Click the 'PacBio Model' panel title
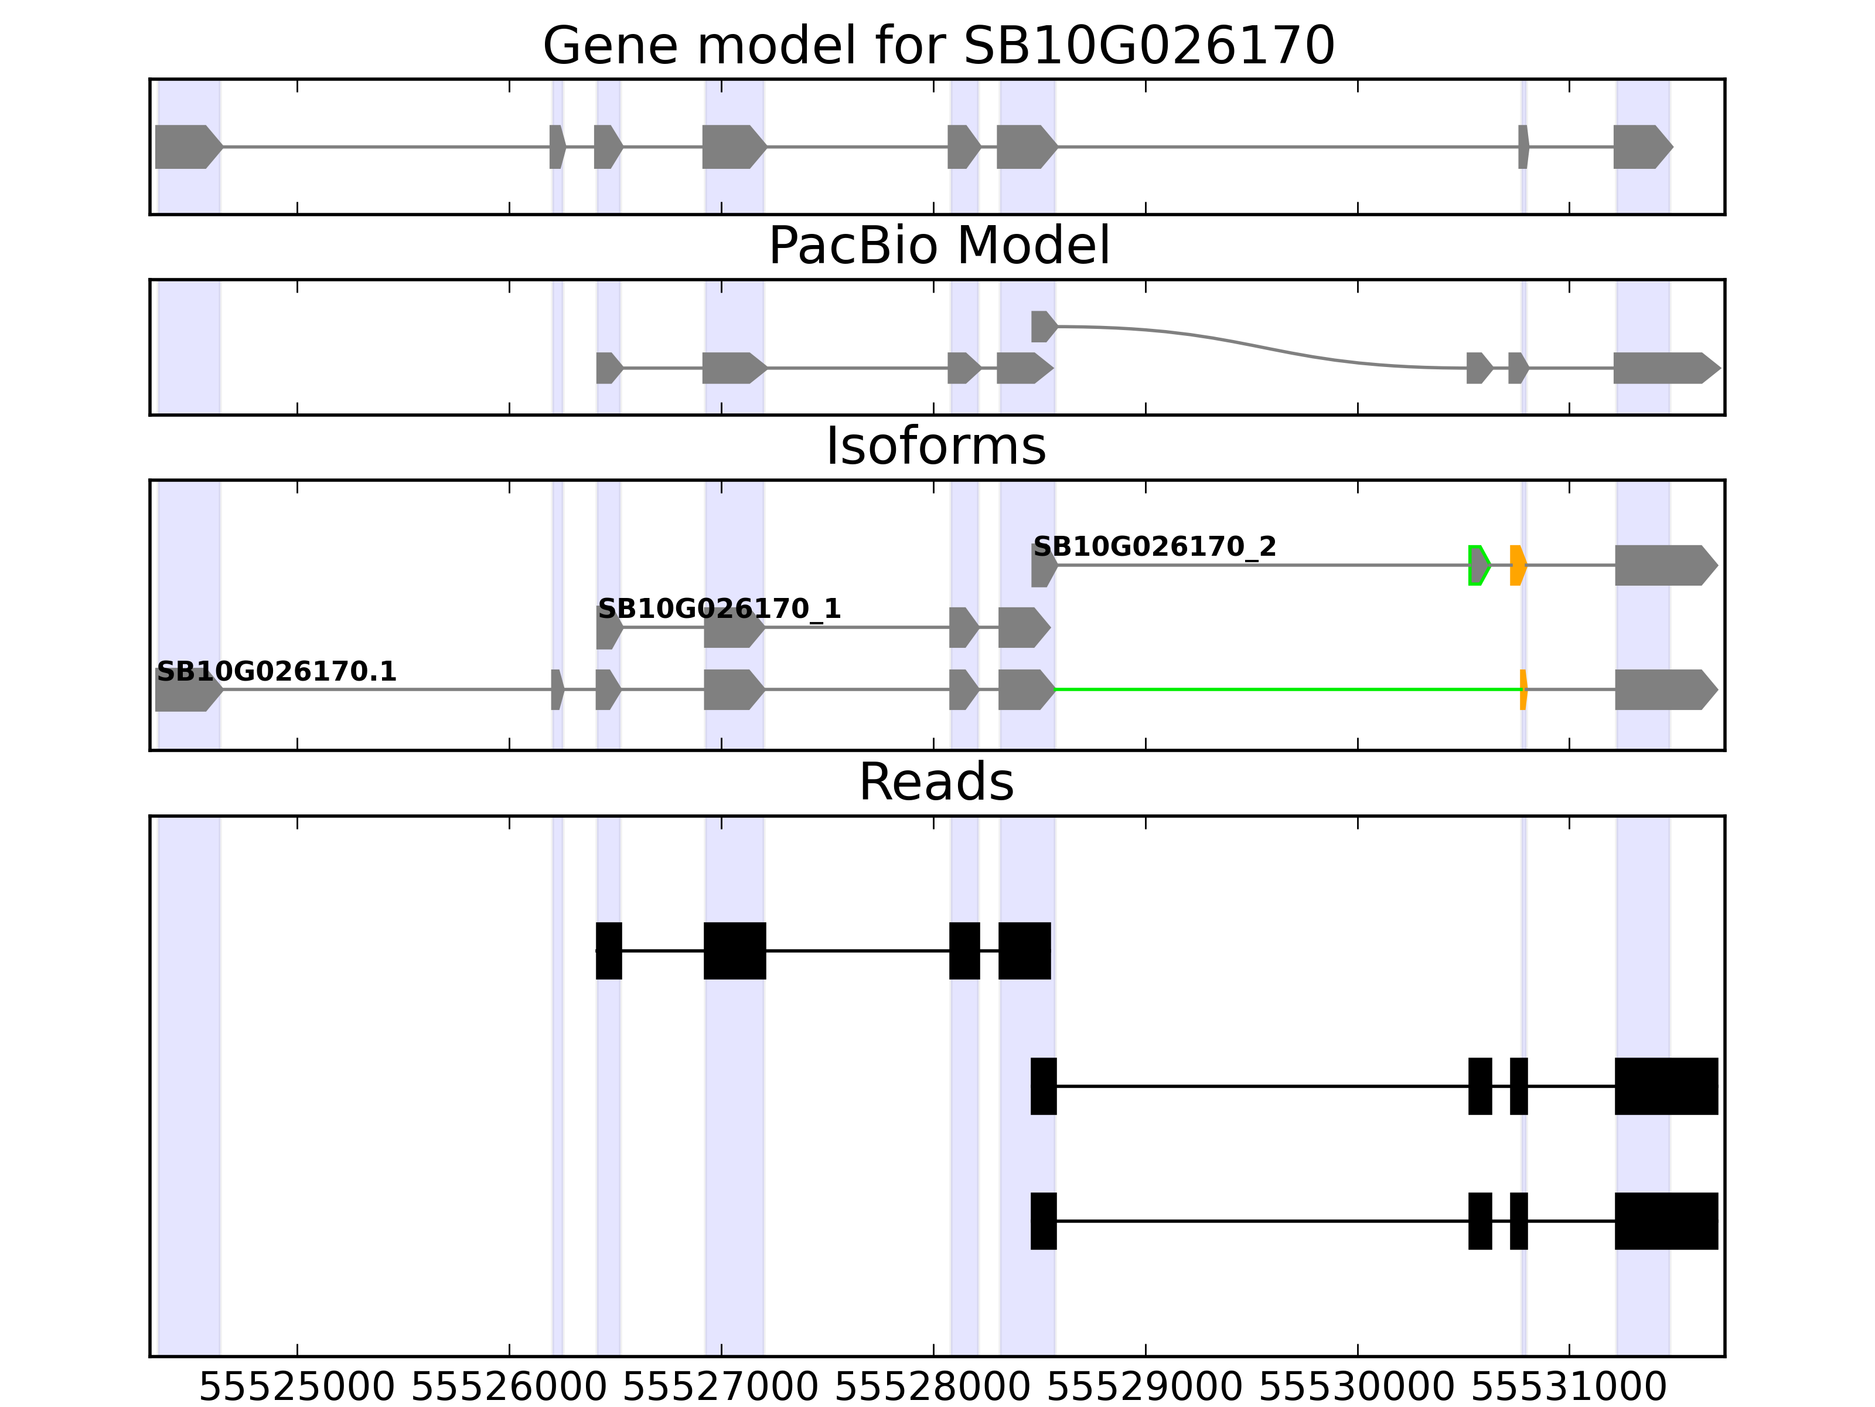[938, 246]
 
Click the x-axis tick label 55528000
[933, 1388]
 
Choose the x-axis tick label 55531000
[1569, 1388]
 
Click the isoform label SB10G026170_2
[1154, 547]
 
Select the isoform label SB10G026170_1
[719, 609]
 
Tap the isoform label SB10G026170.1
[277, 672]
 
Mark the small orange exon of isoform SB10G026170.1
[1523, 689]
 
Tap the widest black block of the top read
[734, 951]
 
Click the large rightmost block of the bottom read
[1666, 1221]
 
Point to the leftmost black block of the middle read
[1044, 1086]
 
